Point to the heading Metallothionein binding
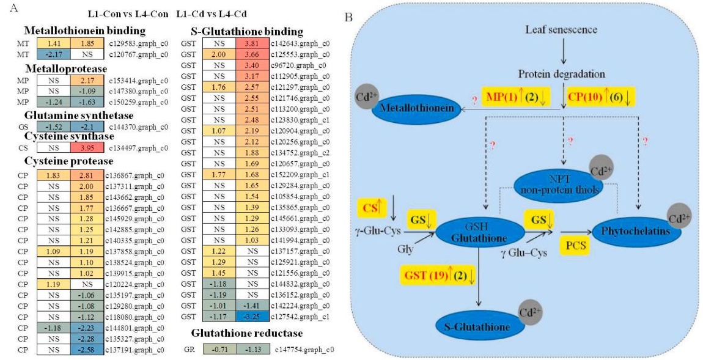tap(76, 31)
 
